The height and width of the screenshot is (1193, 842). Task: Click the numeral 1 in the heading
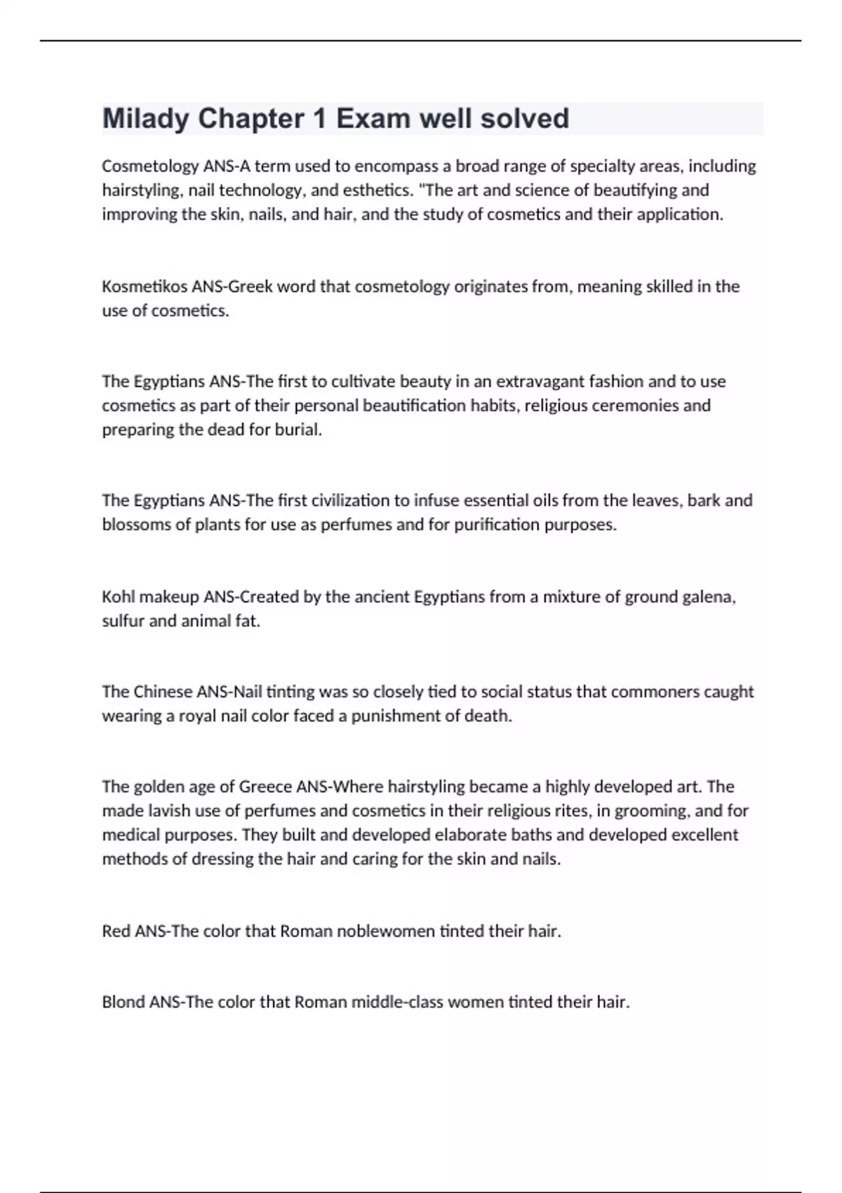pyautogui.click(x=319, y=119)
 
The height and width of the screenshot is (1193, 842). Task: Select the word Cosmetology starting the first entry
pyautogui.click(x=150, y=166)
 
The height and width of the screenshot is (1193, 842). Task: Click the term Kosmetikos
pyautogui.click(x=144, y=286)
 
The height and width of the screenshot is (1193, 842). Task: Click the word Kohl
pyautogui.click(x=119, y=597)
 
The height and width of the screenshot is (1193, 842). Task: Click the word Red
pyautogui.click(x=116, y=931)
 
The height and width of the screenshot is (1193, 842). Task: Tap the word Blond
pyautogui.click(x=123, y=1002)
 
